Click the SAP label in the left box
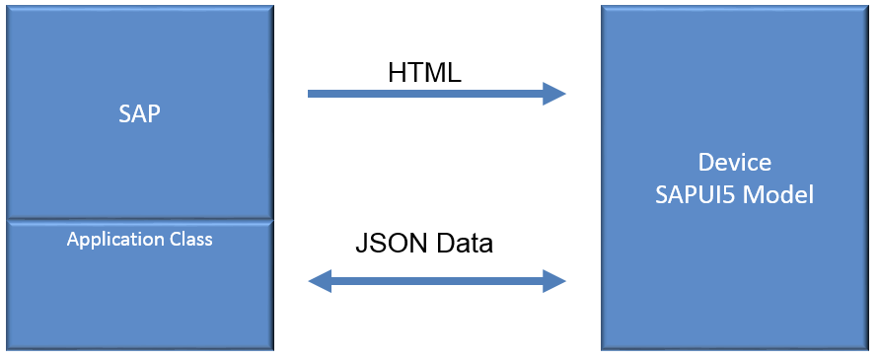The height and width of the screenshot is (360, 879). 139,113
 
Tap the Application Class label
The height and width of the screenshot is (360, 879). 139,239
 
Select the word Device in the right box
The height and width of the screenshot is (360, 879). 735,163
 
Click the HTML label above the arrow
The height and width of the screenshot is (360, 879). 425,72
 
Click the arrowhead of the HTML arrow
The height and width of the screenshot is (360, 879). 554,94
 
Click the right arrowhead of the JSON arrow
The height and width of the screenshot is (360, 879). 554,282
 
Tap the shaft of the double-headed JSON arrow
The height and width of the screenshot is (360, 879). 437,282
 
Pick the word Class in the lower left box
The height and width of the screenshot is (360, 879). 189,239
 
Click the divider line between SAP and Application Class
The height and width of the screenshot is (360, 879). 139,219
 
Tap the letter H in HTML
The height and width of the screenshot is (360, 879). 397,72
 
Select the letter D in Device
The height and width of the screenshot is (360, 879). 705,163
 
